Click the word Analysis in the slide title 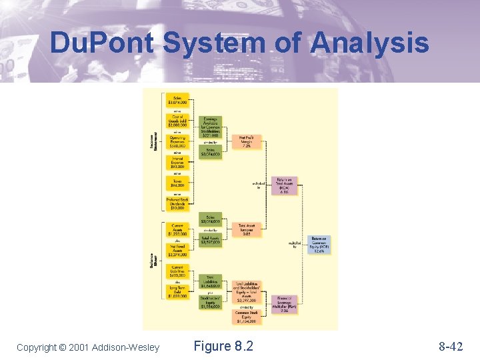pos(369,44)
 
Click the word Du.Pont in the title pos(102,44)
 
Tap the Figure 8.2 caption pos(223,346)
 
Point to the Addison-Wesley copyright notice pos(88,347)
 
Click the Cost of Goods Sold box pos(177,121)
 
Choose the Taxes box pos(177,183)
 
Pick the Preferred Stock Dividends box pos(177,203)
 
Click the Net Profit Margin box pos(251,142)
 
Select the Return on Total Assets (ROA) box pos(285,186)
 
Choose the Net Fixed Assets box pos(177,249)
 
